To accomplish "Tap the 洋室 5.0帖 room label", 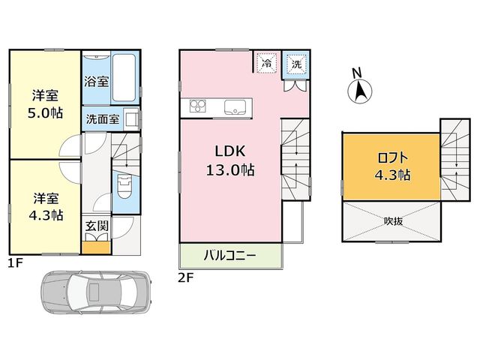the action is point(45,104).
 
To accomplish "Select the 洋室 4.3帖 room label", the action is point(46,207).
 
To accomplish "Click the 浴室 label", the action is point(97,82).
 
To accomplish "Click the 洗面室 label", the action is point(103,119).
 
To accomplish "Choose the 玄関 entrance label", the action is point(97,226).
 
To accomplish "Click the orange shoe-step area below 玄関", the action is point(96,247).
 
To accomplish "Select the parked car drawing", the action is point(97,292).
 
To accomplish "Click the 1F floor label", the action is point(16,263).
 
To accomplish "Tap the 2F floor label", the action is point(186,277).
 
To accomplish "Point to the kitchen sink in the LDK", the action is point(235,107).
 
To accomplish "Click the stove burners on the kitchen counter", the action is point(198,106).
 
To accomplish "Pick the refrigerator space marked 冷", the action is point(267,63).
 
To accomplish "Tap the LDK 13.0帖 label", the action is point(230,160).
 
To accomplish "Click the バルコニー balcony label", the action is point(230,255).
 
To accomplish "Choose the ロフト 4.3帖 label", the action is point(393,166).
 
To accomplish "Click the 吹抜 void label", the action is point(393,220).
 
